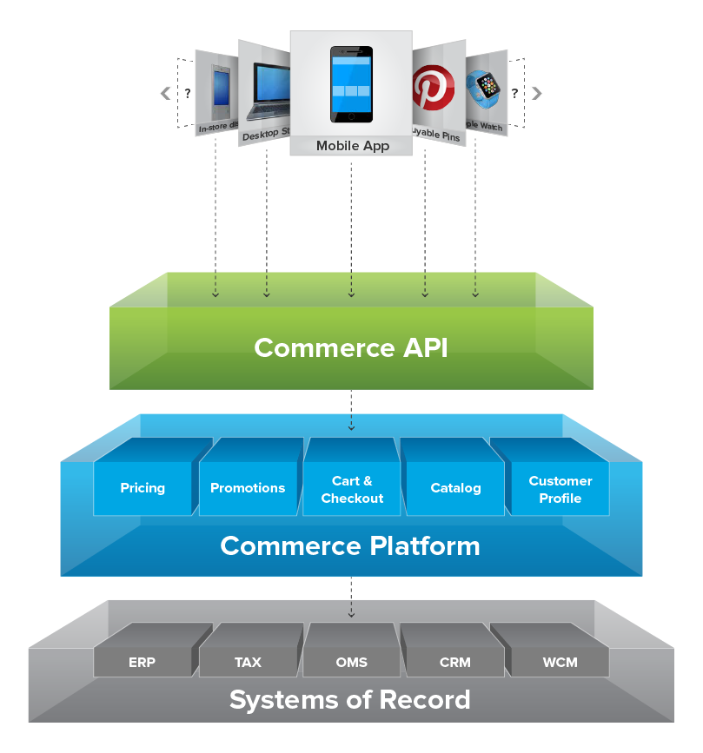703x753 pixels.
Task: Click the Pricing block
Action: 143,488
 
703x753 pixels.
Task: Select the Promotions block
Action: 248,488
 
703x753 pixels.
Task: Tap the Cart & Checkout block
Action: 352,490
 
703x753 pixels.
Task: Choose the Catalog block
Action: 455,488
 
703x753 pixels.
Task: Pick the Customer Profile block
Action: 560,490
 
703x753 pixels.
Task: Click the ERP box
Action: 142,662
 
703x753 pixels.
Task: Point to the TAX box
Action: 248,662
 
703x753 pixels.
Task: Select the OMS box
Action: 351,662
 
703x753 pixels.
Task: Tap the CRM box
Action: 454,662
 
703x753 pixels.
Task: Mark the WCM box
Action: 560,662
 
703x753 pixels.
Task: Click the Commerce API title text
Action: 351,347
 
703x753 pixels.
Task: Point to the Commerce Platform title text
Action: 350,546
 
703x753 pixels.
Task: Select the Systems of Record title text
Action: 350,699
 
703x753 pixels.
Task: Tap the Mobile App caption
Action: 351,146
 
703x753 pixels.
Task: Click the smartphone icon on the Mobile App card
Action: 351,84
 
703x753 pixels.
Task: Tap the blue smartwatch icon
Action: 486,88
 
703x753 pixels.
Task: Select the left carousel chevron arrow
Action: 165,94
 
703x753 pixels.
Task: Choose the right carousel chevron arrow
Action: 537,94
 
